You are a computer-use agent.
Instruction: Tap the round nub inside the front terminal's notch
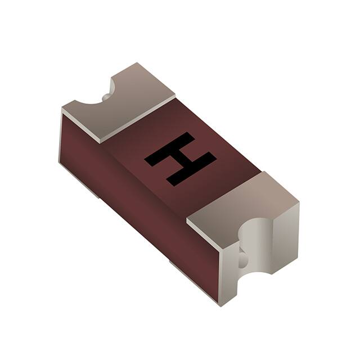pyautogui.click(x=242, y=260)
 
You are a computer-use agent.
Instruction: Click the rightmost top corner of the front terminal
pyautogui.click(x=299, y=202)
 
